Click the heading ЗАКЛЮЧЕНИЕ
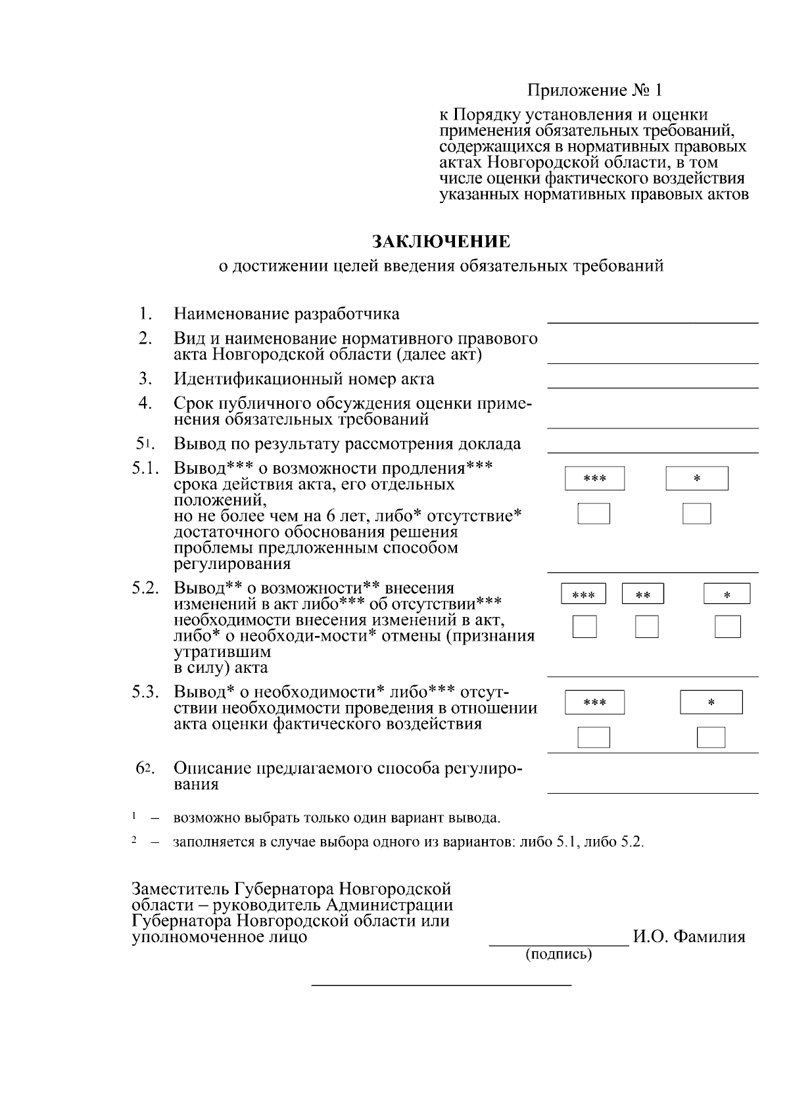[x=441, y=242]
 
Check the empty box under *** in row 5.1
[x=594, y=514]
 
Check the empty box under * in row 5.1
[x=696, y=514]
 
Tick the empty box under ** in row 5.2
[x=646, y=627]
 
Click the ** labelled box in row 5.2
[x=643, y=594]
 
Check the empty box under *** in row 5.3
[x=594, y=737]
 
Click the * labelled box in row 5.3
[x=711, y=702]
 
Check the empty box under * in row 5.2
[x=727, y=627]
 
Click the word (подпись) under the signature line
[x=558, y=954]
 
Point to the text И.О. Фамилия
[x=689, y=937]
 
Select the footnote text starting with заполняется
[x=408, y=842]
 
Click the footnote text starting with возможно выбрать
[x=337, y=818]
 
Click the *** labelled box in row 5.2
[x=583, y=594]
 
